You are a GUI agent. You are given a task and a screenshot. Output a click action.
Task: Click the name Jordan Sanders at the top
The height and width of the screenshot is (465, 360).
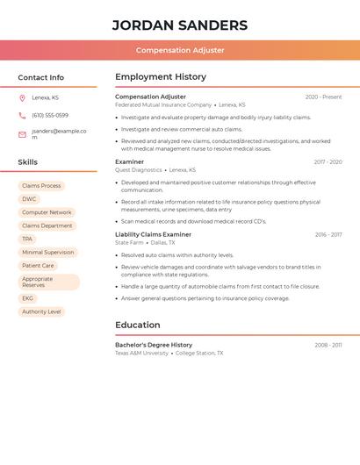click(x=180, y=25)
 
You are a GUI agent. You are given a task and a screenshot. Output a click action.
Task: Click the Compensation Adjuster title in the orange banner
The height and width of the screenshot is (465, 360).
click(x=180, y=50)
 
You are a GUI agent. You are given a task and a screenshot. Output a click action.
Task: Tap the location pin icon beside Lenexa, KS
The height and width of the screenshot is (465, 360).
click(x=22, y=97)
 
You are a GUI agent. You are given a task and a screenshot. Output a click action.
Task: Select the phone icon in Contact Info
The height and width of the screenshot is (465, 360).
click(x=22, y=115)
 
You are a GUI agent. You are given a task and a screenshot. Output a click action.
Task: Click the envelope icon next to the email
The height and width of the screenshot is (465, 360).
click(x=22, y=134)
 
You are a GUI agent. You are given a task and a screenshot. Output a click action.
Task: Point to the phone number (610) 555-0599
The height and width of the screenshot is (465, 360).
click(x=50, y=115)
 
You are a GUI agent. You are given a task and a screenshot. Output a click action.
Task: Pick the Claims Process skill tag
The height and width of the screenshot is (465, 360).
click(x=41, y=186)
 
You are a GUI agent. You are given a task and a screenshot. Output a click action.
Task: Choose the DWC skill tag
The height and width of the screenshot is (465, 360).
click(x=29, y=199)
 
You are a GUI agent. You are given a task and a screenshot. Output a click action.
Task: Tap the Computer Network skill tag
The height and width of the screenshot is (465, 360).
click(x=47, y=212)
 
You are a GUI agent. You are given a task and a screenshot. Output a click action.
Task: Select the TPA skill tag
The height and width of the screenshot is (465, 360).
click(x=27, y=239)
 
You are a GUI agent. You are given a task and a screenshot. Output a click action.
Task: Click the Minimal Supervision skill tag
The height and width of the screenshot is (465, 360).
click(x=47, y=252)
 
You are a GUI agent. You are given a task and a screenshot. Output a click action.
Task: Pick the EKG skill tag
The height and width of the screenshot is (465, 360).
click(x=28, y=298)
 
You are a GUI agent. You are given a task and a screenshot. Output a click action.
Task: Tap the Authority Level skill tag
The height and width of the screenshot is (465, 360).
click(x=41, y=311)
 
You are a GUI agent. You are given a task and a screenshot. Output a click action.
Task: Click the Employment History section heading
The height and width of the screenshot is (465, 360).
click(x=161, y=77)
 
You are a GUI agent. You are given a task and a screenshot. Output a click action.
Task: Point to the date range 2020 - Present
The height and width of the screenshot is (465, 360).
click(x=323, y=97)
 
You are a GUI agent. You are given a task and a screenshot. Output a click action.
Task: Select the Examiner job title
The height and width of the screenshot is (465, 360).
click(x=130, y=161)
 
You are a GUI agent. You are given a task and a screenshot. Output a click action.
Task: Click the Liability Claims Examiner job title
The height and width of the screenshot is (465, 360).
click(x=153, y=234)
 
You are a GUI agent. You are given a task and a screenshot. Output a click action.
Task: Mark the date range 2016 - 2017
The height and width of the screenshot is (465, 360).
click(x=328, y=235)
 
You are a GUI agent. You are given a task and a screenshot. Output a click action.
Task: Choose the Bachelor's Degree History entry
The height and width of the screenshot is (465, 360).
click(x=154, y=345)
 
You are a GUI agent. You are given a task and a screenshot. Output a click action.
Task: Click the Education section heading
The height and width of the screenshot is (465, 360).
click(x=138, y=325)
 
